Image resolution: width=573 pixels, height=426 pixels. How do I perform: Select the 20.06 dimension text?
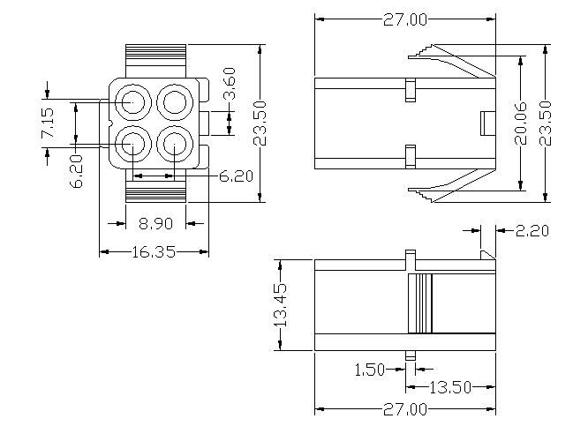(x=521, y=123)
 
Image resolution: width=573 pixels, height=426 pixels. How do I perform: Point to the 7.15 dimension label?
(x=49, y=123)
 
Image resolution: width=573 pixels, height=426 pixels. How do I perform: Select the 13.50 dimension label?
(x=451, y=387)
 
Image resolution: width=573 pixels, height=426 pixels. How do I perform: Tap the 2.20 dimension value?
(x=532, y=232)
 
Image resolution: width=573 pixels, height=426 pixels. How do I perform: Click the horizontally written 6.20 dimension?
(x=235, y=176)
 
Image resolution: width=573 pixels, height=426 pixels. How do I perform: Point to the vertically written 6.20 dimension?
(x=78, y=170)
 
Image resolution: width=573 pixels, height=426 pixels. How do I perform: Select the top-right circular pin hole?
(x=174, y=101)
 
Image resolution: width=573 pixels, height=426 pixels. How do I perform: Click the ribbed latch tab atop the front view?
(x=156, y=59)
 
